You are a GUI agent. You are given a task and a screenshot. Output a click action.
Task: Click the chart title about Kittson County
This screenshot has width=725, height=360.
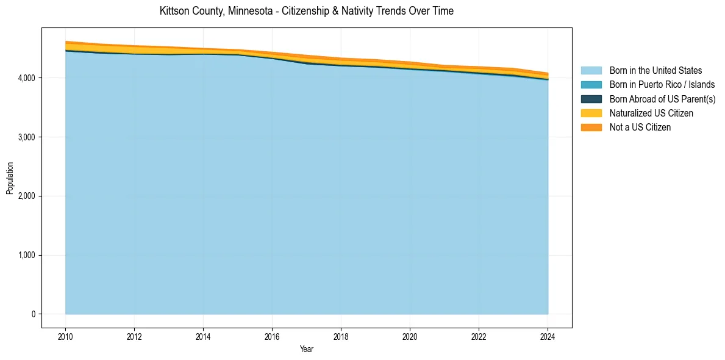coord(306,11)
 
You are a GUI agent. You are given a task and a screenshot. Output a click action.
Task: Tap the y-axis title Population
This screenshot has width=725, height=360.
coord(10,178)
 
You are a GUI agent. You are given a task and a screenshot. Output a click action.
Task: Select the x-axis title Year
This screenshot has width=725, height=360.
coord(306,349)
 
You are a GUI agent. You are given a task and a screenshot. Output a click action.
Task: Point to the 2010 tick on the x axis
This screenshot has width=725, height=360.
coord(65,336)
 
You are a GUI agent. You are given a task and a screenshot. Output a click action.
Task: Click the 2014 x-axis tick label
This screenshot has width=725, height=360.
coord(203,336)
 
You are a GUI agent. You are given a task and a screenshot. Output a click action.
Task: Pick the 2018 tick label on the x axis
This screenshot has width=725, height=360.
coord(341,336)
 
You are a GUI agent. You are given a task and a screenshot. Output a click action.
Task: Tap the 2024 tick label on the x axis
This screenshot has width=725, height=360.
coord(548,336)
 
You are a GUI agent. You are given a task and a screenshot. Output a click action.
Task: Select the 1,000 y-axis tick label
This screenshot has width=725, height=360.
coord(27,255)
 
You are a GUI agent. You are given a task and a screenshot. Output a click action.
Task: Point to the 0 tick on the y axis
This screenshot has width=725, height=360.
coord(34,314)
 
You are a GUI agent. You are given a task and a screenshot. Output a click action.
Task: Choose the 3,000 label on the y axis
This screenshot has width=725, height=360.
coord(27,137)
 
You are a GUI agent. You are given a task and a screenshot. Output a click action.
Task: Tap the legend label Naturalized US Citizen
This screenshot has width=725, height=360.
coord(651,113)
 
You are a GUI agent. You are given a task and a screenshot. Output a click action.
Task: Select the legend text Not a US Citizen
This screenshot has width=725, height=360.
coord(640,128)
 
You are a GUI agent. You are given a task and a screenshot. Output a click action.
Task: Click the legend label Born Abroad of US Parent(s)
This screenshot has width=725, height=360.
coord(662,99)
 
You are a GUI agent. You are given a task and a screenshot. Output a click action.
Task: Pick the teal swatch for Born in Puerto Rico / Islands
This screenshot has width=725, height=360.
coord(591,85)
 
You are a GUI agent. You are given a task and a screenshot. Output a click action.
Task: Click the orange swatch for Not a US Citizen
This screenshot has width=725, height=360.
coord(591,128)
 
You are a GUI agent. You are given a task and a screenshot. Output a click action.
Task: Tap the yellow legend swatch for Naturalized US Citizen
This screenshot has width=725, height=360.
coord(591,113)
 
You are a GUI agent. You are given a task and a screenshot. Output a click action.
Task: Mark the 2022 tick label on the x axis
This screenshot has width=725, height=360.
coord(479,336)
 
